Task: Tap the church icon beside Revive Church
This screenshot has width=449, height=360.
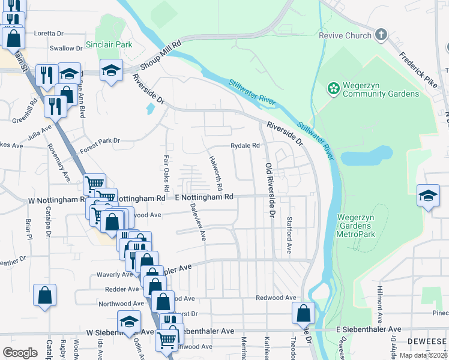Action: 381,35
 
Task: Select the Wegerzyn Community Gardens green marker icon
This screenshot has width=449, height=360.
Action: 333,89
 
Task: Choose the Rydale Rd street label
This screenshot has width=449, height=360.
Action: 245,145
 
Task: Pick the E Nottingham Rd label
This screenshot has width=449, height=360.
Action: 203,197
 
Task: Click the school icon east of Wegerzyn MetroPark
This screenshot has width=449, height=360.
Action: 428,196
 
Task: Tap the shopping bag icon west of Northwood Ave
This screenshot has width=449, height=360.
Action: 44,295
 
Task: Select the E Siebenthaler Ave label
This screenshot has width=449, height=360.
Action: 368,329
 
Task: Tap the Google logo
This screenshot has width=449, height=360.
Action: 20,353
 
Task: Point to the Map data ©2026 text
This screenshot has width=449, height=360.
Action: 423,355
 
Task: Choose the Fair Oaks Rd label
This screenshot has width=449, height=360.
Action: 166,169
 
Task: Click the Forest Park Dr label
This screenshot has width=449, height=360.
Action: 100,141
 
